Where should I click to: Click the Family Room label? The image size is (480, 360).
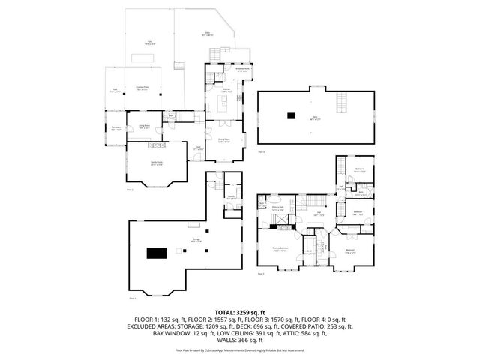[156, 165]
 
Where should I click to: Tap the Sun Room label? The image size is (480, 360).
[115, 130]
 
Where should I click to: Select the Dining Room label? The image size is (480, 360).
[223, 140]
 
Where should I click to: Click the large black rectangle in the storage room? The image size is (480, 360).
[155, 253]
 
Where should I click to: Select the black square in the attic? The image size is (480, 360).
[290, 115]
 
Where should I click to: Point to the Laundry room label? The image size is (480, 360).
[233, 198]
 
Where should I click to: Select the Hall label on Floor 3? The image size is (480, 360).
[319, 214]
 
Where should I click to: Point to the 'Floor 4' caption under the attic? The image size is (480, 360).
[262, 152]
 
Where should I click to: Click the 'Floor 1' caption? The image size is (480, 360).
[133, 298]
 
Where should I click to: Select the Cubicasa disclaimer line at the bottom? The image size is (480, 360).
[240, 350]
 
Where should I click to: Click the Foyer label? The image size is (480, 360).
[198, 148]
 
